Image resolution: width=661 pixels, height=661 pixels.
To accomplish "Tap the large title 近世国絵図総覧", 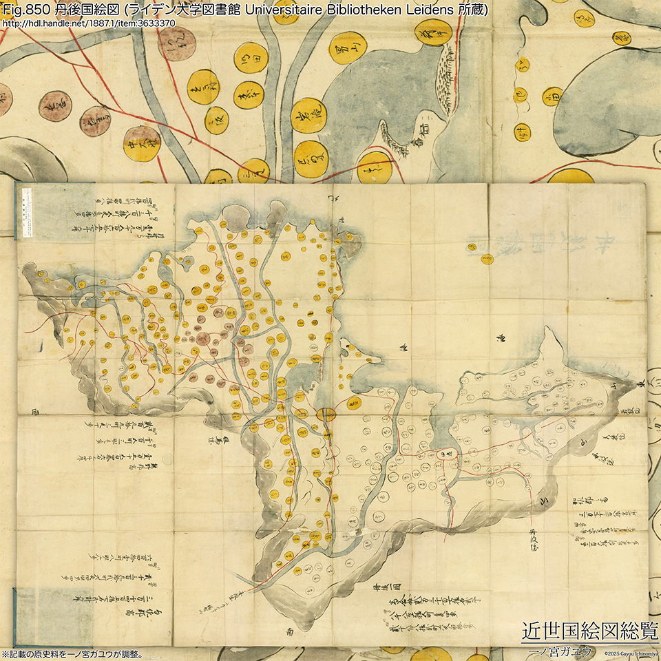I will pyautogui.click(x=589, y=630).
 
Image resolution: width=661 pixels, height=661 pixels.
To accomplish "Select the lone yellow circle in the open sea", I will pyautogui.click(x=487, y=259).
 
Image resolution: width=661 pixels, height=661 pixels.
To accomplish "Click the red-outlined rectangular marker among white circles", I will pyautogui.click(x=447, y=454).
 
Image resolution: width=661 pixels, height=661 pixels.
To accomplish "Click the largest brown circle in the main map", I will pyautogui.click(x=202, y=338).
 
